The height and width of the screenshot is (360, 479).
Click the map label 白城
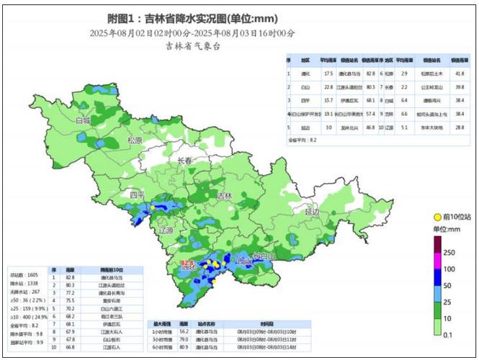coord(84,121)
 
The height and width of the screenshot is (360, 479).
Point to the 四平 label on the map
coord(137,196)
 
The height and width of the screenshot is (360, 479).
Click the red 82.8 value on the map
coord(188,264)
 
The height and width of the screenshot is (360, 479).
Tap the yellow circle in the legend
coord(437,217)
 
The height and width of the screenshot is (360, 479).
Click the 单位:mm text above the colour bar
coord(447,229)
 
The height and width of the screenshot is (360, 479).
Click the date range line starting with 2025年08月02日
coord(192,33)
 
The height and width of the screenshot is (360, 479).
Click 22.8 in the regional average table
coord(328,86)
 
